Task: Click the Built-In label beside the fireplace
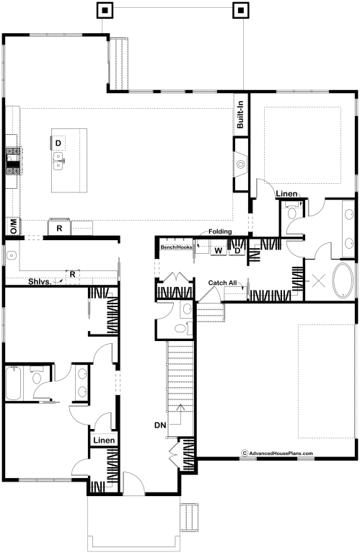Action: pos(240,115)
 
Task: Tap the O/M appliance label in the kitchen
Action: pos(14,226)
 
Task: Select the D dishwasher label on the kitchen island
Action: pos(58,143)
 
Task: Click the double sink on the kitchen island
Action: pos(58,161)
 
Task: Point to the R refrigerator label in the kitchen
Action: pos(59,229)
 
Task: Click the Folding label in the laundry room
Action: pos(220,231)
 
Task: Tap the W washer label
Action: pos(219,251)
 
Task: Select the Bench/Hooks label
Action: pos(176,247)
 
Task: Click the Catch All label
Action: pos(222,283)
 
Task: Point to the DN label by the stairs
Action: pos(160,425)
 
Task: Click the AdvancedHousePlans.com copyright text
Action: pos(277,454)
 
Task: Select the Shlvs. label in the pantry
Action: pos(40,281)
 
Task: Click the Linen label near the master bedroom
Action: pos(286,194)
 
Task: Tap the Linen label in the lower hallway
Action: pos(104,440)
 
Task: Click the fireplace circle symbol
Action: pos(241,164)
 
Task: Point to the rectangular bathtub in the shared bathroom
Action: pos(14,383)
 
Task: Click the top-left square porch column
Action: pos(105,10)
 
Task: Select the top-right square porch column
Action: pos(241,10)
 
